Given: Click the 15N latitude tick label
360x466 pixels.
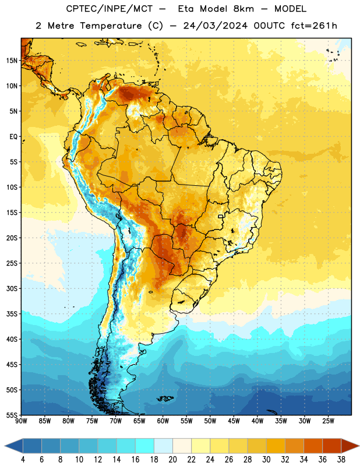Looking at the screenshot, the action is point(12,61).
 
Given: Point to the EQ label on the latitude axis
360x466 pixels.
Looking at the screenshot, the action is point(13,137).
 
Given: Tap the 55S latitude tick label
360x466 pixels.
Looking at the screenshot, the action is point(12,415).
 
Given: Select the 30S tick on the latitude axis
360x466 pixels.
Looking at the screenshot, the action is point(12,288).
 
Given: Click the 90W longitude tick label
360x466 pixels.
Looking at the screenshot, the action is point(21,421).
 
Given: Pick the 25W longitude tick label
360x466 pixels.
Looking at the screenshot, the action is point(328,421).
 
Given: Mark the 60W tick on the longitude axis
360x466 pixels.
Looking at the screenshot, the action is point(163,421).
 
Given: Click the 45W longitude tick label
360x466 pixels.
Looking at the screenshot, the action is point(234,421).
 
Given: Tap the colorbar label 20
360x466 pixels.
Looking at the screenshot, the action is point(172,460).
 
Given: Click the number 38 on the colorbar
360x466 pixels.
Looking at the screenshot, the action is point(341,460).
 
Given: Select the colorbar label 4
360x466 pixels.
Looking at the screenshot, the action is point(23,460).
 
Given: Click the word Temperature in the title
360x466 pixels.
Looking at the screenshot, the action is point(111,26).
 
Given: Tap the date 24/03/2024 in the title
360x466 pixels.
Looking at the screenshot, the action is point(216,26).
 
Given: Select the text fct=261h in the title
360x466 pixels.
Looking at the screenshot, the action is point(314,26).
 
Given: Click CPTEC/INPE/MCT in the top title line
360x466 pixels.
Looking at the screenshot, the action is point(110,9).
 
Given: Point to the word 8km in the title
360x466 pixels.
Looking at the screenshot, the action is point(243,9).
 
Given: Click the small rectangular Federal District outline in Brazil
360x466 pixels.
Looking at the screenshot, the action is point(221,216).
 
